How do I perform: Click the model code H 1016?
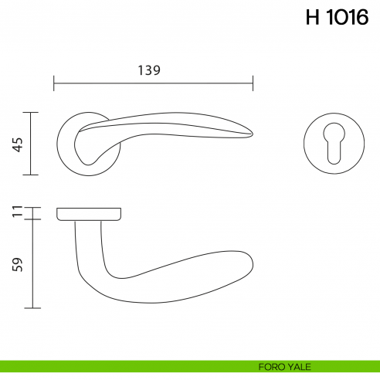click(x=337, y=19)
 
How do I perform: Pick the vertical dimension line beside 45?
click(x=31, y=144)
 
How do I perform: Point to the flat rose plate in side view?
click(x=89, y=212)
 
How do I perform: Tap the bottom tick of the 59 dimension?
click(x=31, y=308)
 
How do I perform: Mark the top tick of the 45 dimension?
click(x=31, y=112)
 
